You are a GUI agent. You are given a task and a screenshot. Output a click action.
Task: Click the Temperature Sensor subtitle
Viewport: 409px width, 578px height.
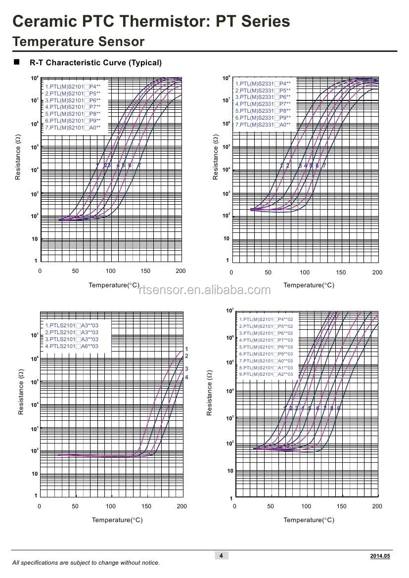(x=78, y=42)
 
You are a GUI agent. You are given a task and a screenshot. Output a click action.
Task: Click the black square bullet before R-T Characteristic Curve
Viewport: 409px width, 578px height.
(x=16, y=62)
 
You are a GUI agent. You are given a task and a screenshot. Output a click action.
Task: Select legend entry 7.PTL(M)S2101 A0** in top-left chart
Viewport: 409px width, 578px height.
(x=73, y=128)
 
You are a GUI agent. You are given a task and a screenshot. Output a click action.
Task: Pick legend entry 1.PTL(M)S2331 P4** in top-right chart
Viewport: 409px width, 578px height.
(x=263, y=84)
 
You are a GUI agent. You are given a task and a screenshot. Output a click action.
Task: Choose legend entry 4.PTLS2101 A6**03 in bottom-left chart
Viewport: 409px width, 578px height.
(x=72, y=346)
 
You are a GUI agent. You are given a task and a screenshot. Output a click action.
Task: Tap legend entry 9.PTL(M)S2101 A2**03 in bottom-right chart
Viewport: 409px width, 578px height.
(x=266, y=374)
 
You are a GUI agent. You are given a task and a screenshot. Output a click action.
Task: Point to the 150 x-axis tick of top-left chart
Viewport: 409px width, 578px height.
(x=145, y=271)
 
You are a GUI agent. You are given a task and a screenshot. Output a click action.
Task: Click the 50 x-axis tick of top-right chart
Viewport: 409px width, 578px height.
(x=268, y=272)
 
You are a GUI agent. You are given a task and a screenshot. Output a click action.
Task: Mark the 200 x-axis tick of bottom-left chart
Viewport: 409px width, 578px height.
(x=182, y=506)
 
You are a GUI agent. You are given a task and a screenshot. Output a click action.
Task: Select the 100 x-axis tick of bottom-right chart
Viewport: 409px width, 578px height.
(x=306, y=506)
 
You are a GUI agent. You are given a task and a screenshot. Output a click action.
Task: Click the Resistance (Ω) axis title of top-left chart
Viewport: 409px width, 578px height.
(x=18, y=157)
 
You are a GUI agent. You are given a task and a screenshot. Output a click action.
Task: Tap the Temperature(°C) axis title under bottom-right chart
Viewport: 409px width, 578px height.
(x=309, y=520)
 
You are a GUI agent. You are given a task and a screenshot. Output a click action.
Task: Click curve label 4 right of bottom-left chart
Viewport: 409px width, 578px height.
(x=186, y=377)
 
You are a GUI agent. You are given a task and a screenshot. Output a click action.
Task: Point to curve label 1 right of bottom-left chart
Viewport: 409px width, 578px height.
(x=186, y=349)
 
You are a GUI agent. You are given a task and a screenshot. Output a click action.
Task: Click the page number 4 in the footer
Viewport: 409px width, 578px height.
(x=221, y=556)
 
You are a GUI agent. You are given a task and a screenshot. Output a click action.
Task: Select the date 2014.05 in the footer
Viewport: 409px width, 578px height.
(x=380, y=556)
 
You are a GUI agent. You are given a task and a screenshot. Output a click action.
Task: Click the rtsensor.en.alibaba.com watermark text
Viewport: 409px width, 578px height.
(x=205, y=290)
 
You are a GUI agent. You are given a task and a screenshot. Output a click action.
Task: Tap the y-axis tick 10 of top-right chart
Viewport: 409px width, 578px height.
(x=227, y=239)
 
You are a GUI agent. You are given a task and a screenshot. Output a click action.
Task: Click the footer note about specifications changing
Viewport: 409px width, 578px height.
(x=86, y=563)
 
